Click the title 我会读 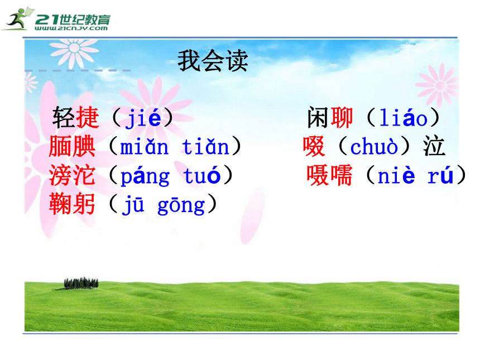coord(213,61)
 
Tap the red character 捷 coord(88,117)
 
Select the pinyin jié coord(143,118)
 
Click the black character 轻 coord(64,117)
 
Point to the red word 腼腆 coord(72,146)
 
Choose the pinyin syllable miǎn coord(144,147)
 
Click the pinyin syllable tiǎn coord(205,147)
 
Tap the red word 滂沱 coord(72,175)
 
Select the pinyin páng coord(145,176)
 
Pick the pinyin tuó coord(202,175)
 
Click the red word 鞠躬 coord(72,204)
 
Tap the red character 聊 coord(342,117)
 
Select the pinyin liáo coord(403,117)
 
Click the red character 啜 coord(314,146)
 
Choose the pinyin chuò coord(374,146)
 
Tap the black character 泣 coord(434,146)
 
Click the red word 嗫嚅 coord(330,175)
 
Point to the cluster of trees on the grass coord(81,283)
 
